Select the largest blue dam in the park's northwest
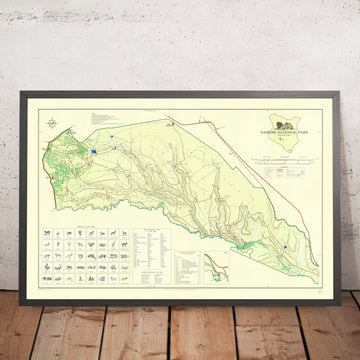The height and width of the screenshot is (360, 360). [x=92, y=150]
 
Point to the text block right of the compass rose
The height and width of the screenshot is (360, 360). [x=100, y=120]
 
